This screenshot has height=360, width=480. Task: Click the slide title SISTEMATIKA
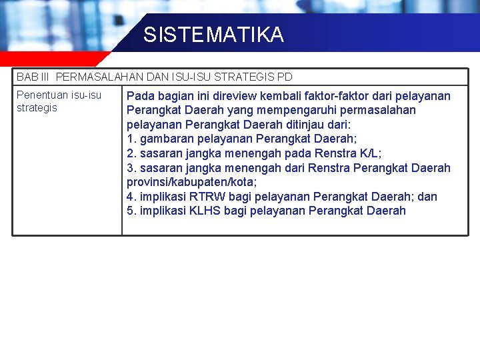[x=213, y=35]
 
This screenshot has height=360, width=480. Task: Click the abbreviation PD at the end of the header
[x=285, y=77]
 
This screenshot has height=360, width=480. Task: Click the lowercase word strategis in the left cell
[x=37, y=108]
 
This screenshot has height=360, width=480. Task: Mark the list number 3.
[x=130, y=168]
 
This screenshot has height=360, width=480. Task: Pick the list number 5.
[x=130, y=211]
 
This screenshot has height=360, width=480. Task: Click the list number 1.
[x=130, y=139]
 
